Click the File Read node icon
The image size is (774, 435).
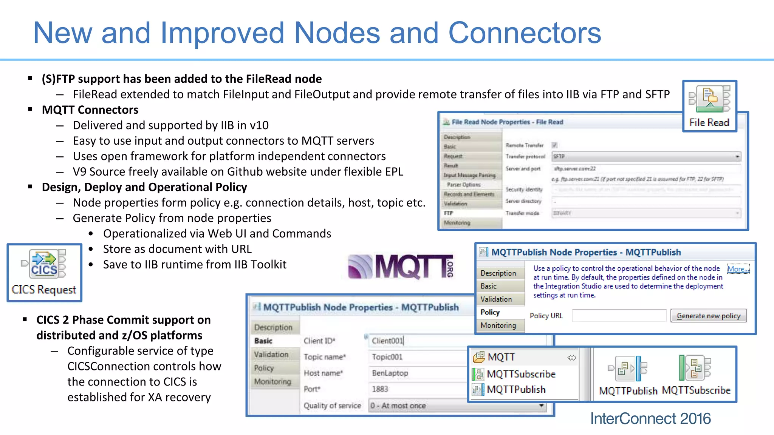[x=709, y=99]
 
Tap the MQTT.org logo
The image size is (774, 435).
[x=400, y=267]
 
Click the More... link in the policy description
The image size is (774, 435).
[x=738, y=269]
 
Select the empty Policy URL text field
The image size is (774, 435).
[x=619, y=316]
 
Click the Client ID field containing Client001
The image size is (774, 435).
[x=416, y=341]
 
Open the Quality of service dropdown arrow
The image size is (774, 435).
[x=541, y=406]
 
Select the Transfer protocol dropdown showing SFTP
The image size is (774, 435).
[x=646, y=156]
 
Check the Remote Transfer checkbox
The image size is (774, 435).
[x=554, y=145]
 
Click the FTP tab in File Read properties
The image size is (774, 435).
[x=449, y=213]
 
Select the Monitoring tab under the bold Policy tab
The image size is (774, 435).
[x=498, y=325]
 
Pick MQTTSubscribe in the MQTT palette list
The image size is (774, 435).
[x=521, y=374]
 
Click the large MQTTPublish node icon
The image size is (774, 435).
[x=628, y=368]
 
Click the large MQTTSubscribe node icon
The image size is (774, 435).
[x=695, y=367]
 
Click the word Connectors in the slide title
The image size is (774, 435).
[x=524, y=33]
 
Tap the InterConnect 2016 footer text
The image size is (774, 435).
[x=650, y=418]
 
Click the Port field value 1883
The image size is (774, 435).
[x=380, y=389]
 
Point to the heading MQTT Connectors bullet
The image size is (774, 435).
[x=90, y=110]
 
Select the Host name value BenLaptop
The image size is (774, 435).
[x=390, y=373]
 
